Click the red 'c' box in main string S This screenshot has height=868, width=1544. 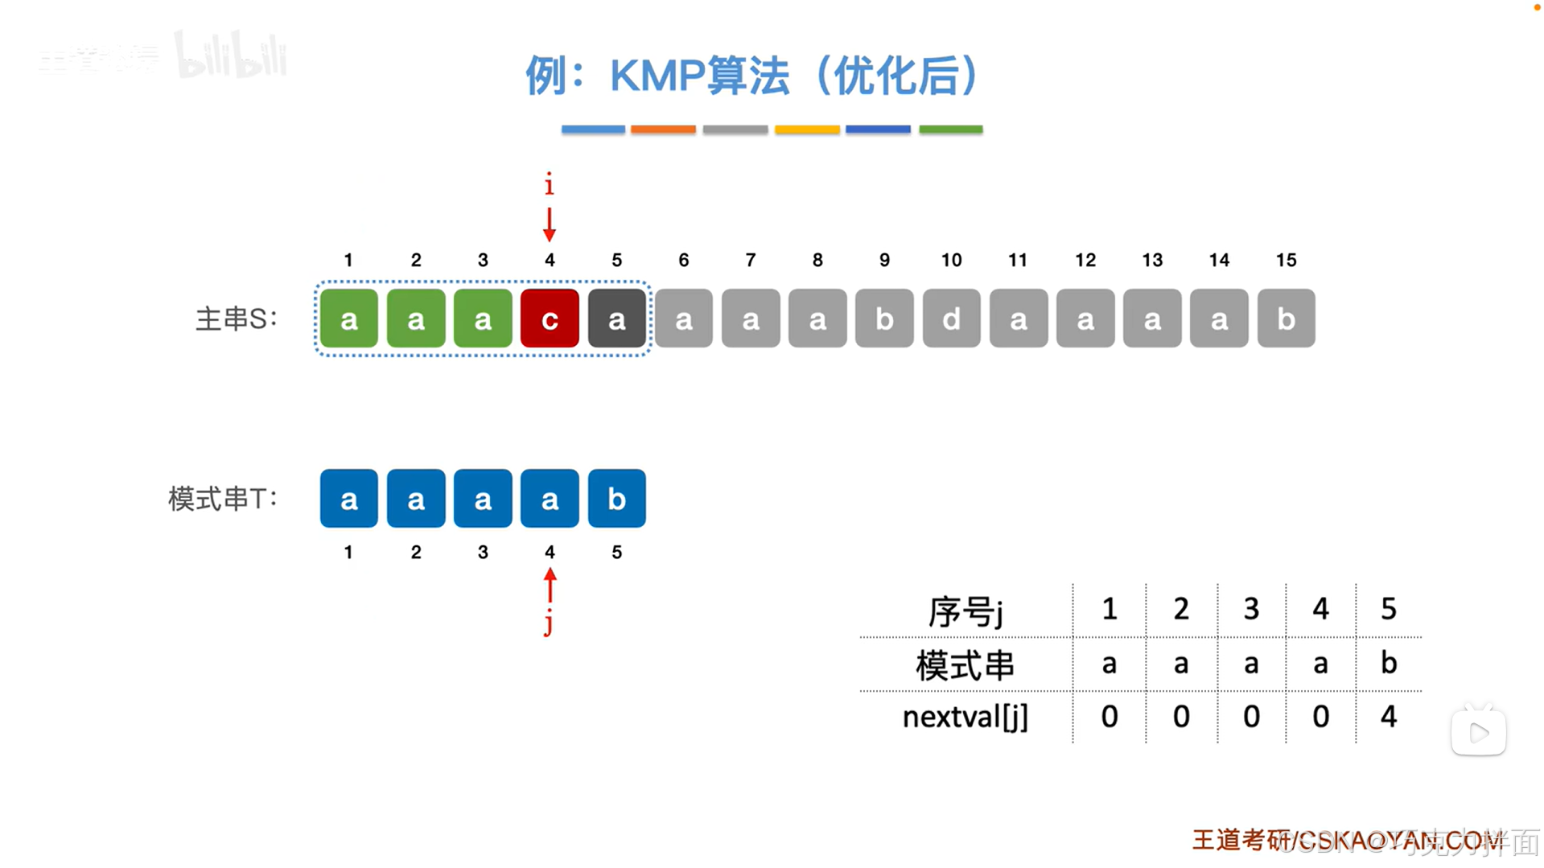(550, 319)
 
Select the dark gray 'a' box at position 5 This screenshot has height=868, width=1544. (616, 319)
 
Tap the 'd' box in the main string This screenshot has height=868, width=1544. (951, 319)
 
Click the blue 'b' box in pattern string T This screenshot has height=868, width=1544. (616, 499)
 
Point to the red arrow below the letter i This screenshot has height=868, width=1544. (550, 224)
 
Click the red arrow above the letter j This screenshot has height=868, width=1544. (550, 585)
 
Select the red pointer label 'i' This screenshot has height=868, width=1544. (550, 185)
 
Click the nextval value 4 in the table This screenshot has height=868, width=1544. (1388, 716)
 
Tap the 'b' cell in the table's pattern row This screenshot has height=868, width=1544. (1388, 663)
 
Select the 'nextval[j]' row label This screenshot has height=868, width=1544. (965, 716)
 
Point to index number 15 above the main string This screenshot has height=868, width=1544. (1286, 260)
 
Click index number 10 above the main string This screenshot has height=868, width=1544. (951, 260)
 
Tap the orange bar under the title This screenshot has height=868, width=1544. (663, 129)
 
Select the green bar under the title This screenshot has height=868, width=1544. (950, 129)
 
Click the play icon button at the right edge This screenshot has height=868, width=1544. (1478, 732)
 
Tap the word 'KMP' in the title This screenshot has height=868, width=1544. (657, 76)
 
